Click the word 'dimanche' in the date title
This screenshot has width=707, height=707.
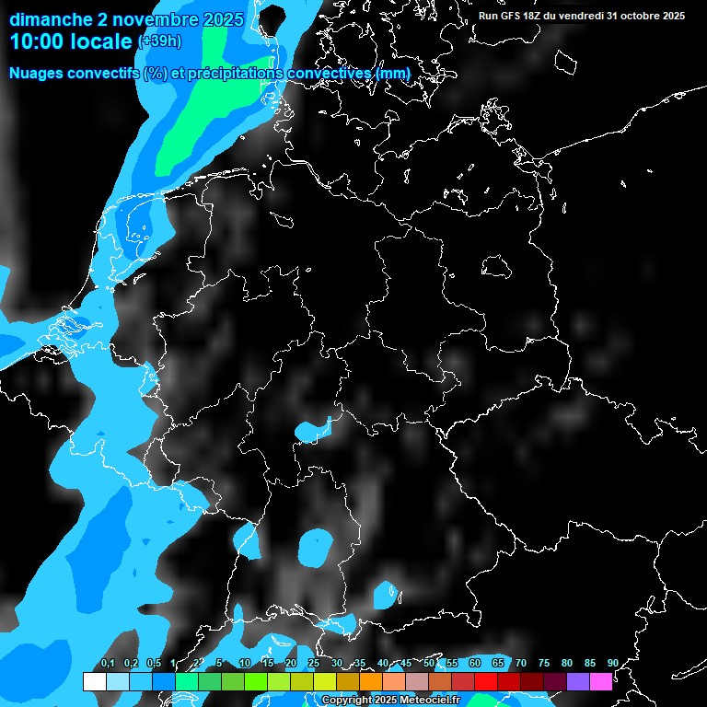click(x=52, y=19)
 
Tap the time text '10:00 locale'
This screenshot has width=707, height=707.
click(x=71, y=41)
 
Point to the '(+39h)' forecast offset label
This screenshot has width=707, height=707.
click(x=158, y=41)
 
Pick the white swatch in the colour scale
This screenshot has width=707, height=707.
click(x=94, y=681)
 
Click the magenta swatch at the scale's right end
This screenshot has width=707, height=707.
click(x=600, y=681)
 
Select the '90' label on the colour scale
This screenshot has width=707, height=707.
click(x=612, y=664)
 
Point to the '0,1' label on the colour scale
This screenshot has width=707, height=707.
click(x=107, y=664)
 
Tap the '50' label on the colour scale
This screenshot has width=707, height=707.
click(x=429, y=664)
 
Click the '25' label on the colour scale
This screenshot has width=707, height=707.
click(x=314, y=664)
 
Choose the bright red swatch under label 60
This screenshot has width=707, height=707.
click(x=485, y=681)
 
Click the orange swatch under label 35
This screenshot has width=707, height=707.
click(x=370, y=681)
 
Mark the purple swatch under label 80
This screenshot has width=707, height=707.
click(x=577, y=681)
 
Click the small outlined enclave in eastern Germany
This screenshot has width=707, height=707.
click(x=497, y=266)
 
